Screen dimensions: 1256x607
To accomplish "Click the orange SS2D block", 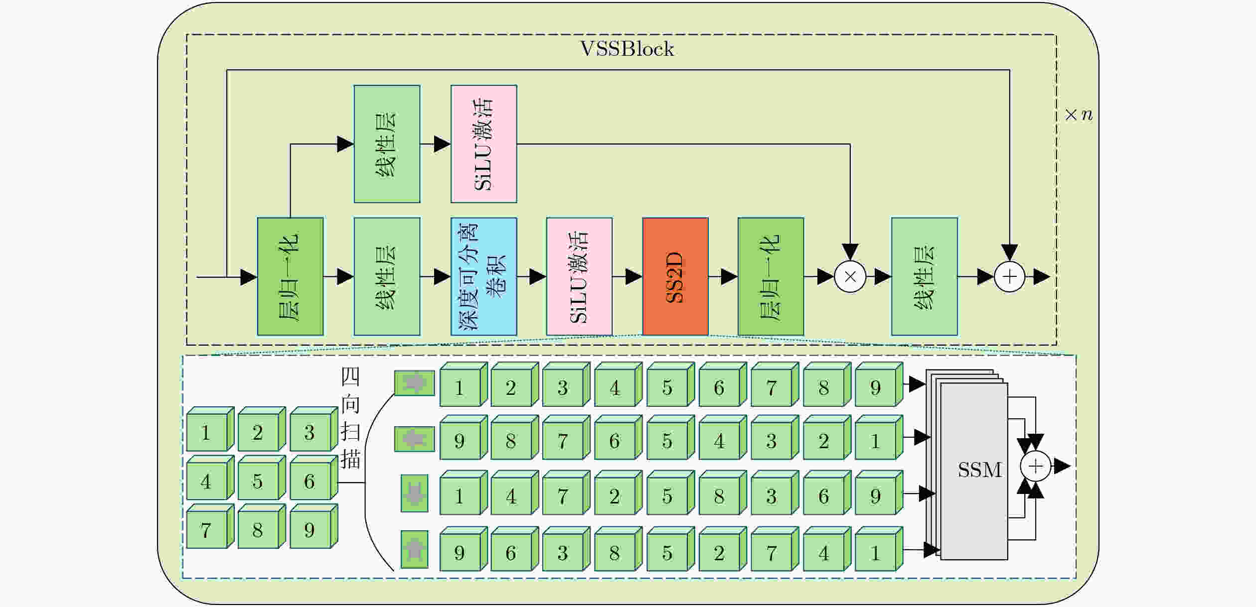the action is pyautogui.click(x=675, y=276).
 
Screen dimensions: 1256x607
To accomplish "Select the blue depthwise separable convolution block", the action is pyautogui.click(x=483, y=276).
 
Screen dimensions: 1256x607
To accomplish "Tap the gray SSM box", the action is pyautogui.click(x=974, y=471).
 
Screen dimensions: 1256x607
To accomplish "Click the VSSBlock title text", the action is pyautogui.click(x=627, y=49).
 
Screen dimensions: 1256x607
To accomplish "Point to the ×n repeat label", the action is pyautogui.click(x=1079, y=115).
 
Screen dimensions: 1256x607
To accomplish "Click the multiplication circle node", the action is pyautogui.click(x=850, y=276).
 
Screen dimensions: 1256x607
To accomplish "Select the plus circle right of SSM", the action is pyautogui.click(x=1036, y=467).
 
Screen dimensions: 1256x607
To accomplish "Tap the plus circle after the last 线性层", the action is pyautogui.click(x=1010, y=276).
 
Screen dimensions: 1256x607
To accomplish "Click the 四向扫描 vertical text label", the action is pyautogui.click(x=350, y=418).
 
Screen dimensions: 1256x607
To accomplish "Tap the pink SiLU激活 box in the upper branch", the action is pyautogui.click(x=483, y=144).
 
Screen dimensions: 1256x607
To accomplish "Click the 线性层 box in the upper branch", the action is pyautogui.click(x=387, y=144).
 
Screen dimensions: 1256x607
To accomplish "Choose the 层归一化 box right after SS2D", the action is pyautogui.click(x=771, y=276).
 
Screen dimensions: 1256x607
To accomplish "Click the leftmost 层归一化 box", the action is pyautogui.click(x=290, y=276).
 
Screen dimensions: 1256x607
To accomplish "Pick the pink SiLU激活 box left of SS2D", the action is pyautogui.click(x=579, y=276).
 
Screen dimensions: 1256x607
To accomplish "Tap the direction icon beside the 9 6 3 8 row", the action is pyautogui.click(x=415, y=549).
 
